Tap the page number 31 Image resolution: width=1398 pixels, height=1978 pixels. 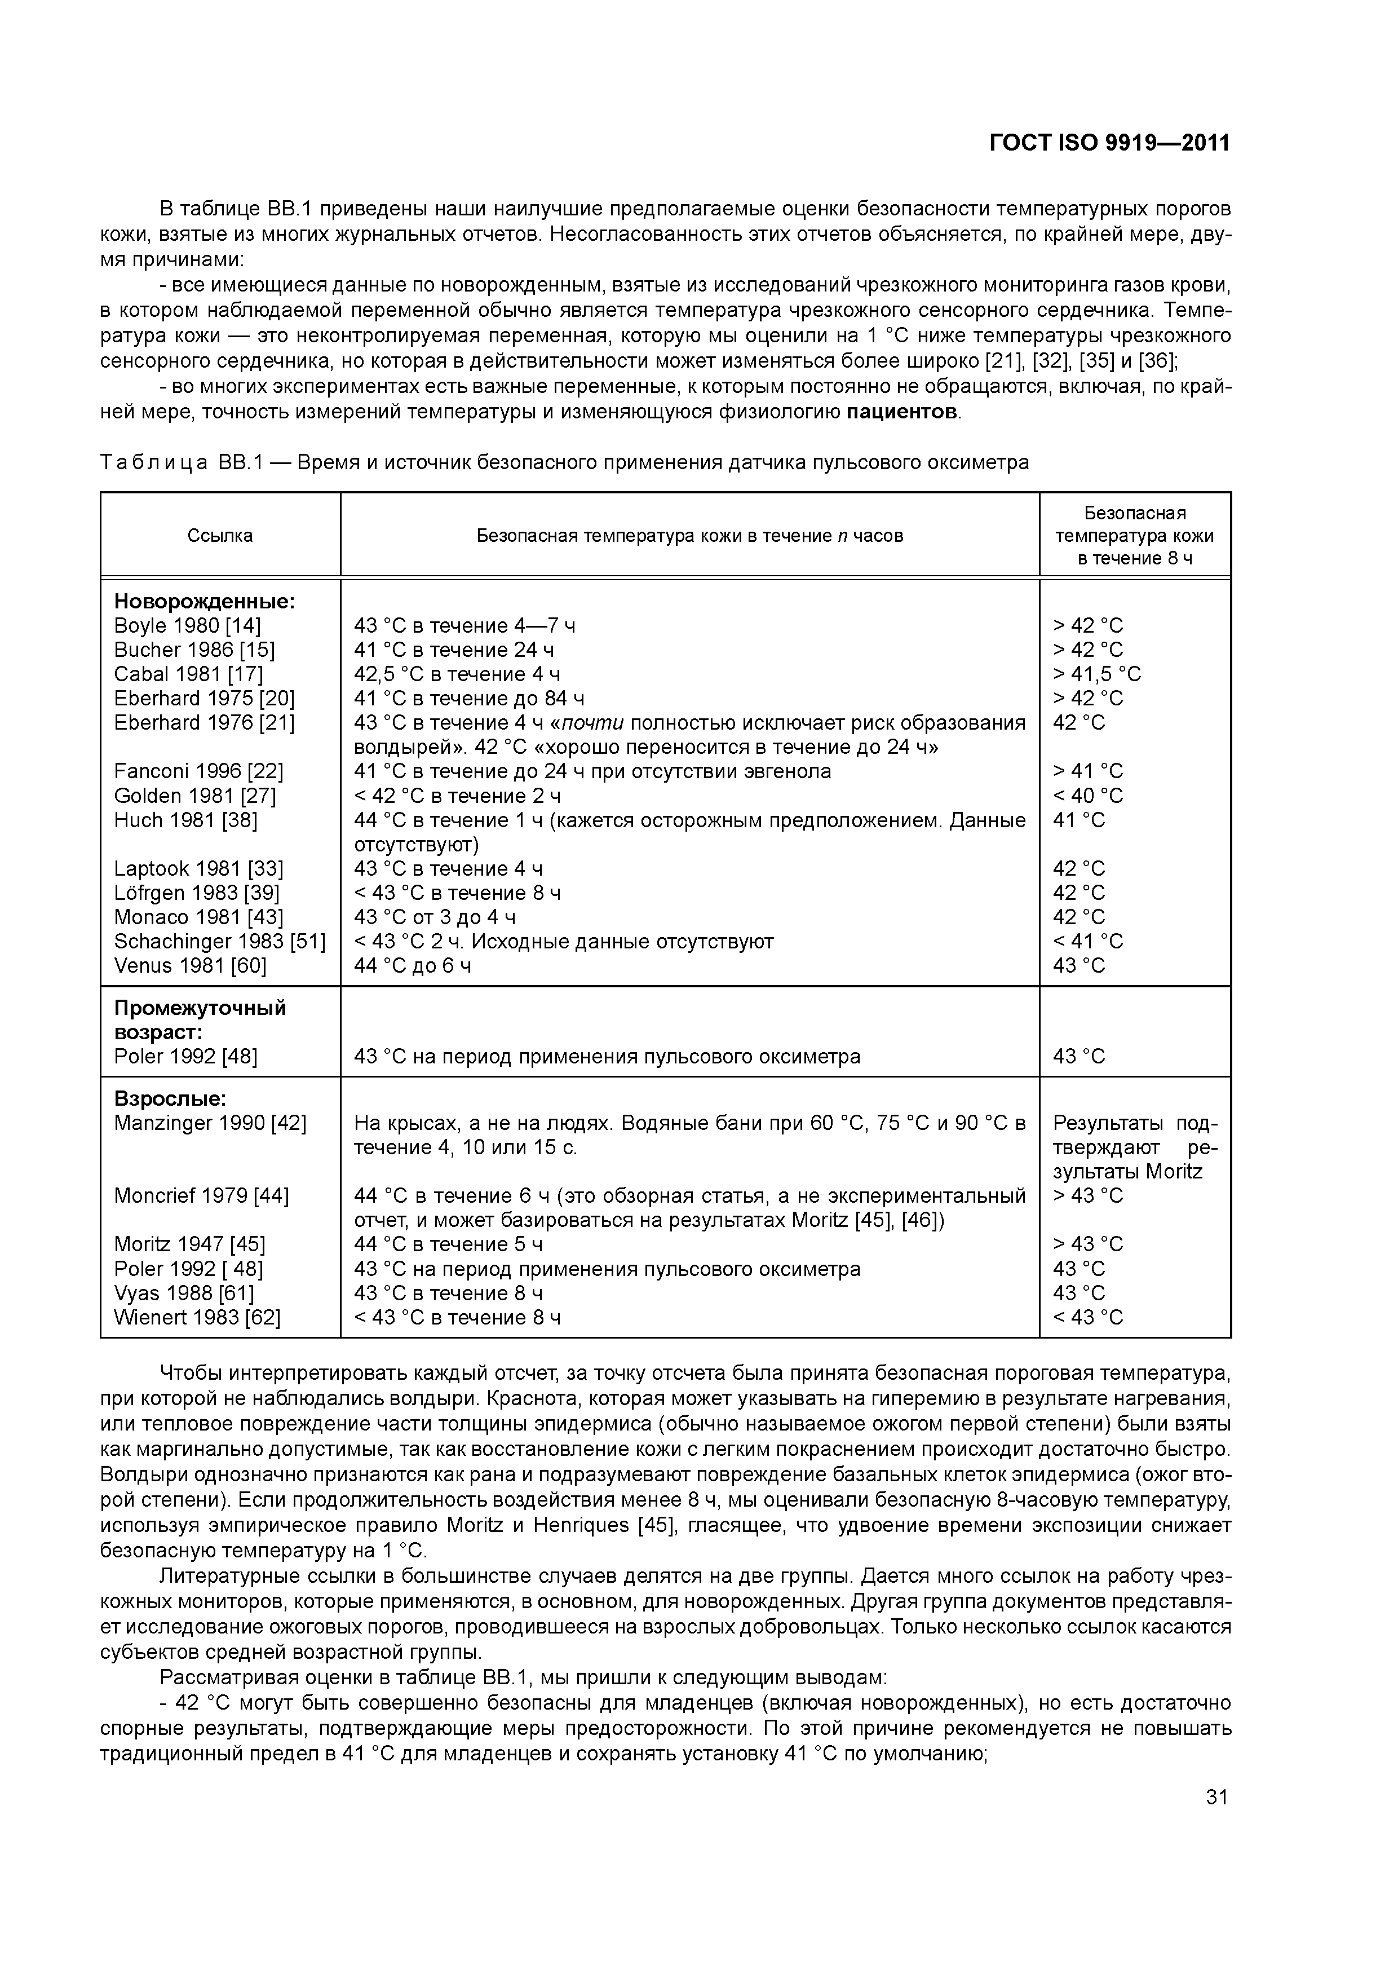[1216, 1797]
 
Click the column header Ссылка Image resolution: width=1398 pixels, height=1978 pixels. [220, 536]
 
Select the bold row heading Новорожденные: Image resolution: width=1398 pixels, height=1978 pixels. [204, 601]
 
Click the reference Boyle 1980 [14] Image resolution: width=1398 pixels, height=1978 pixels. [187, 625]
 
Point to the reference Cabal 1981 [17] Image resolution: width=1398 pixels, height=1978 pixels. [189, 674]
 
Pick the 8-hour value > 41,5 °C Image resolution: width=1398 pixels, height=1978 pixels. [1096, 674]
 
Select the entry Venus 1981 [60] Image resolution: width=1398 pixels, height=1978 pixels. [191, 966]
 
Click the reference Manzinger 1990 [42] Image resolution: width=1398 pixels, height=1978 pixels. [210, 1123]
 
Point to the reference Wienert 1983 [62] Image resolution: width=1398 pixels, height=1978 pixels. [197, 1317]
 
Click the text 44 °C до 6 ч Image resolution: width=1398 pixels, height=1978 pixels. [413, 966]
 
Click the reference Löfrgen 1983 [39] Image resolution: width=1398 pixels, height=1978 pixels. [196, 893]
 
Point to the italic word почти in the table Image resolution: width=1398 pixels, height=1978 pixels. [592, 723]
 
